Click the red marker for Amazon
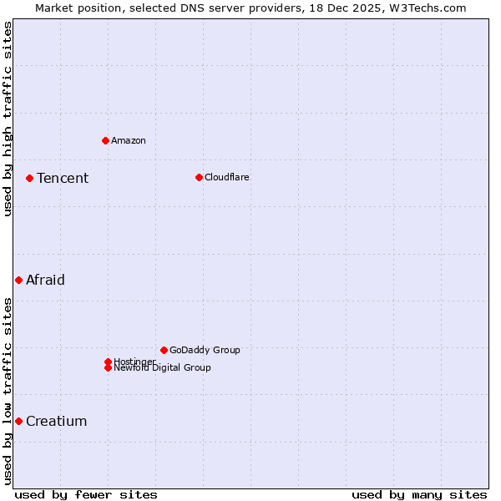click(105, 140)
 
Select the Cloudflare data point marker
click(199, 177)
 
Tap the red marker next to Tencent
click(29, 178)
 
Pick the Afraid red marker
click(18, 280)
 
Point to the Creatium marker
click(18, 421)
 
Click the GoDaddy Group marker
click(164, 350)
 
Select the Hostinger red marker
click(108, 362)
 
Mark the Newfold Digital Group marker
click(108, 368)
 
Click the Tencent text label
click(63, 178)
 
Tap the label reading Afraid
click(45, 280)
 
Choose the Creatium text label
click(56, 421)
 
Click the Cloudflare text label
click(226, 177)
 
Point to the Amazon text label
click(128, 140)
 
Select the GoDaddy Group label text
click(205, 350)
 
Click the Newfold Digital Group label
click(162, 368)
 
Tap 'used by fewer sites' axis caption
click(86, 494)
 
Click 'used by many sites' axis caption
click(419, 494)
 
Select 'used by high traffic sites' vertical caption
click(8, 119)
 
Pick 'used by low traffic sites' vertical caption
click(8, 391)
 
